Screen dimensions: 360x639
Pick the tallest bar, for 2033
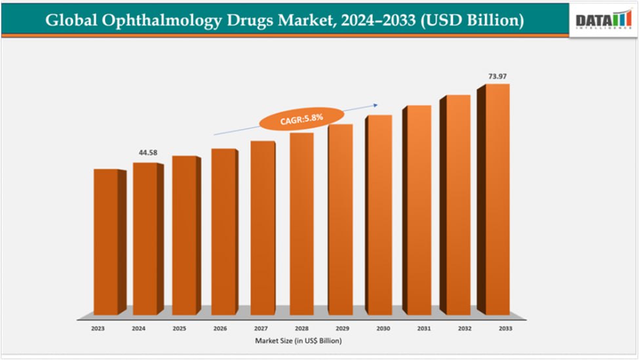pyautogui.click(x=497, y=199)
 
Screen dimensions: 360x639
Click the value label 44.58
pyautogui.click(x=148, y=153)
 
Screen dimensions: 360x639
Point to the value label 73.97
pyautogui.click(x=497, y=77)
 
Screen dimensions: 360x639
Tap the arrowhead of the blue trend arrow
pyautogui.click(x=377, y=104)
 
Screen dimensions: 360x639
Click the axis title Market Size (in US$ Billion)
pyautogui.click(x=299, y=341)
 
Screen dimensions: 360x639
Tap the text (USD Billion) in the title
pyautogui.click(x=472, y=20)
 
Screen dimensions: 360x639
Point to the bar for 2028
pyautogui.click(x=301, y=224)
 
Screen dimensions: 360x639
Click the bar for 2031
pyautogui.click(x=417, y=210)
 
